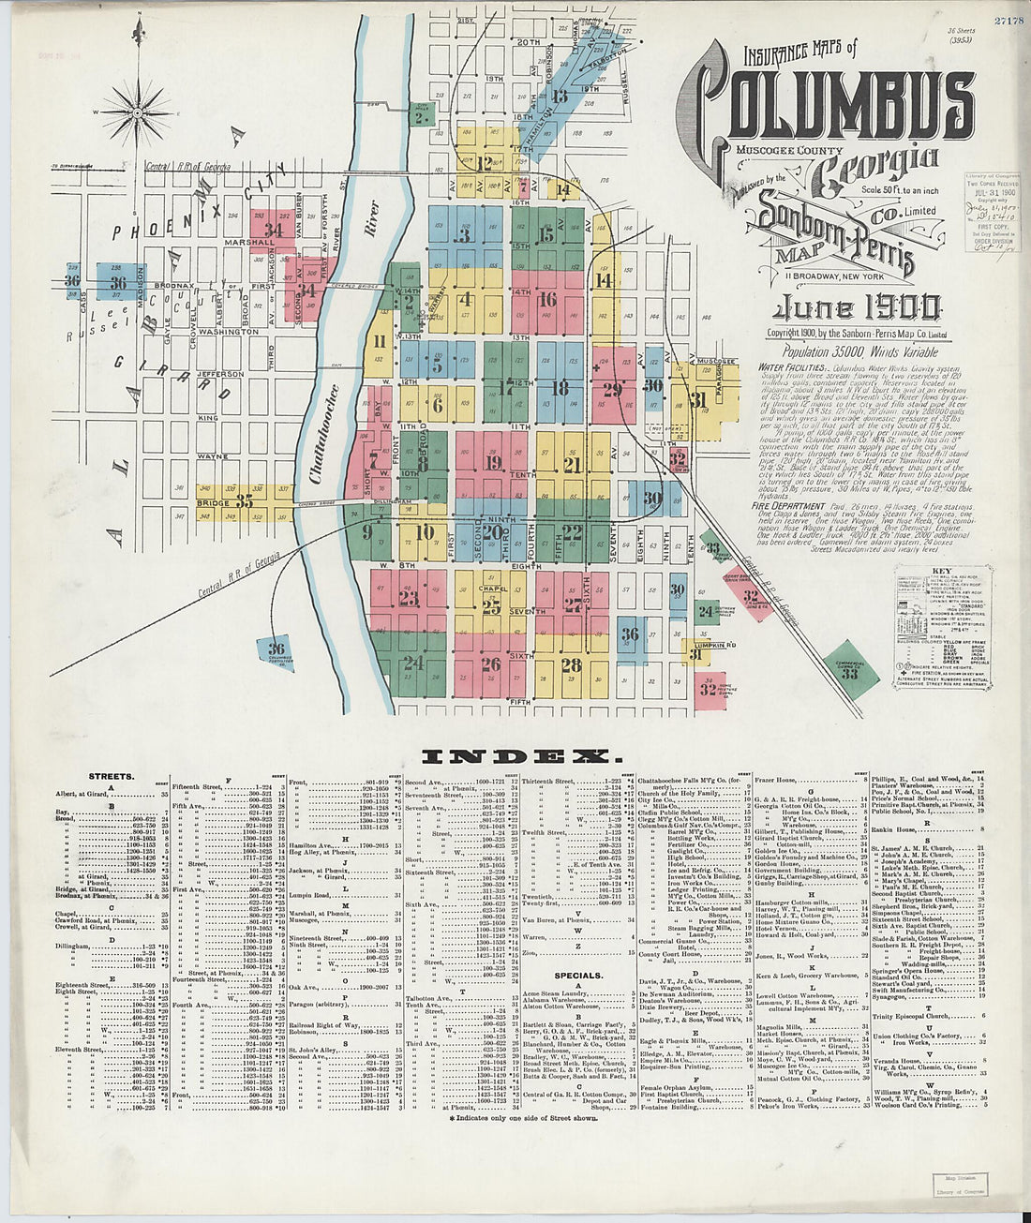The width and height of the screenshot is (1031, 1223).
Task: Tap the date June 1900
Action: coord(854,307)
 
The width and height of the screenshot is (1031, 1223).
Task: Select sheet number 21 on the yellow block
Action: coord(573,466)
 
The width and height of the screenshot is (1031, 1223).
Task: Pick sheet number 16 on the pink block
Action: coord(548,300)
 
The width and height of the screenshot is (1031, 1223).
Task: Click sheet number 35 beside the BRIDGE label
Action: coord(244,502)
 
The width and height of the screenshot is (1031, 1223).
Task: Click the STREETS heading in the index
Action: coord(111,777)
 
